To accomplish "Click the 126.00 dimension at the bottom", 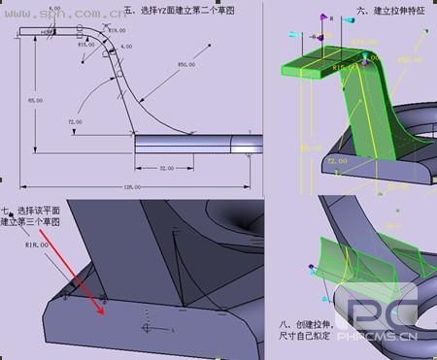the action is tap(132, 186).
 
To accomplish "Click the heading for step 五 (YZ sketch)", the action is tap(195, 12).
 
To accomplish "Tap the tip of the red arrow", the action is tap(104, 313).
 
